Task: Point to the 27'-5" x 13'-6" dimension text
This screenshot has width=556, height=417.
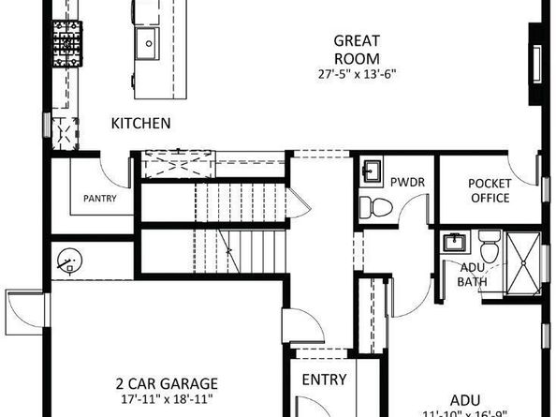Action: pos(358,73)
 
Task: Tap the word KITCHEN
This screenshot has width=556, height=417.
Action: pos(140,123)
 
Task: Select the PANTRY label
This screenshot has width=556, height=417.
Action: pos(99,199)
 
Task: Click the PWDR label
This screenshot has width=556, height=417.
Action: pos(408,182)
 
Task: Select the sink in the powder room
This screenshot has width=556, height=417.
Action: pos(370,171)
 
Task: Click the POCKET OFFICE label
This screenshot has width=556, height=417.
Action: pos(489,190)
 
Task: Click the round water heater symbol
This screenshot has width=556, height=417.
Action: pos(69,261)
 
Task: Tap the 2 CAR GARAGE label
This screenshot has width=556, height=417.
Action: pos(168,383)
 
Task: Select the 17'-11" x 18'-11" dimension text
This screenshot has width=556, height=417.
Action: pos(168,398)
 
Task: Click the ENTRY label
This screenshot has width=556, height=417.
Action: pos(324,380)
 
